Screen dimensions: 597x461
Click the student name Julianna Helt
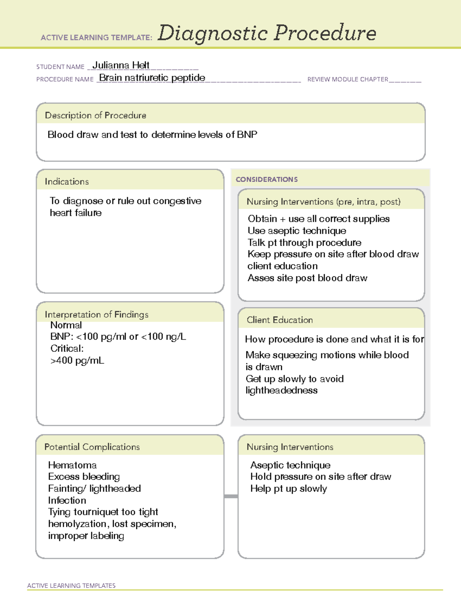pos(121,65)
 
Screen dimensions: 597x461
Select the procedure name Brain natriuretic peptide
pos(152,78)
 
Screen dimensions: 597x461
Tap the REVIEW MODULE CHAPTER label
pos(348,79)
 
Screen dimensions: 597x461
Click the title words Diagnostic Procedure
pos(267,33)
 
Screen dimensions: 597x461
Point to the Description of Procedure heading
pos(95,115)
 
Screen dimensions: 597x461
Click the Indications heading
pos(66,181)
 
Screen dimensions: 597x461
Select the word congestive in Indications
pos(177,201)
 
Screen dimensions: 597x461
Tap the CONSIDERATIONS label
pos(267,180)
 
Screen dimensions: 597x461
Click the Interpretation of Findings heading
pos(96,314)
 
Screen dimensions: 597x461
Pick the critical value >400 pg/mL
pos(77,361)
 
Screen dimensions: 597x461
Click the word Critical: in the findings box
pos(67,349)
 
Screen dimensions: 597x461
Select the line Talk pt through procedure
pos(304,243)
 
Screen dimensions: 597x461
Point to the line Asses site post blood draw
pos(307,278)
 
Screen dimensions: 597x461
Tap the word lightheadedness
pos(282,391)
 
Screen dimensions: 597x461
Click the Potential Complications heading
pos(92,447)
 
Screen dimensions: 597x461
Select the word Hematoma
pos(72,465)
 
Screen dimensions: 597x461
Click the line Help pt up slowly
pos(289,489)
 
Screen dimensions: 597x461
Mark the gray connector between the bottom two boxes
pos(231,496)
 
